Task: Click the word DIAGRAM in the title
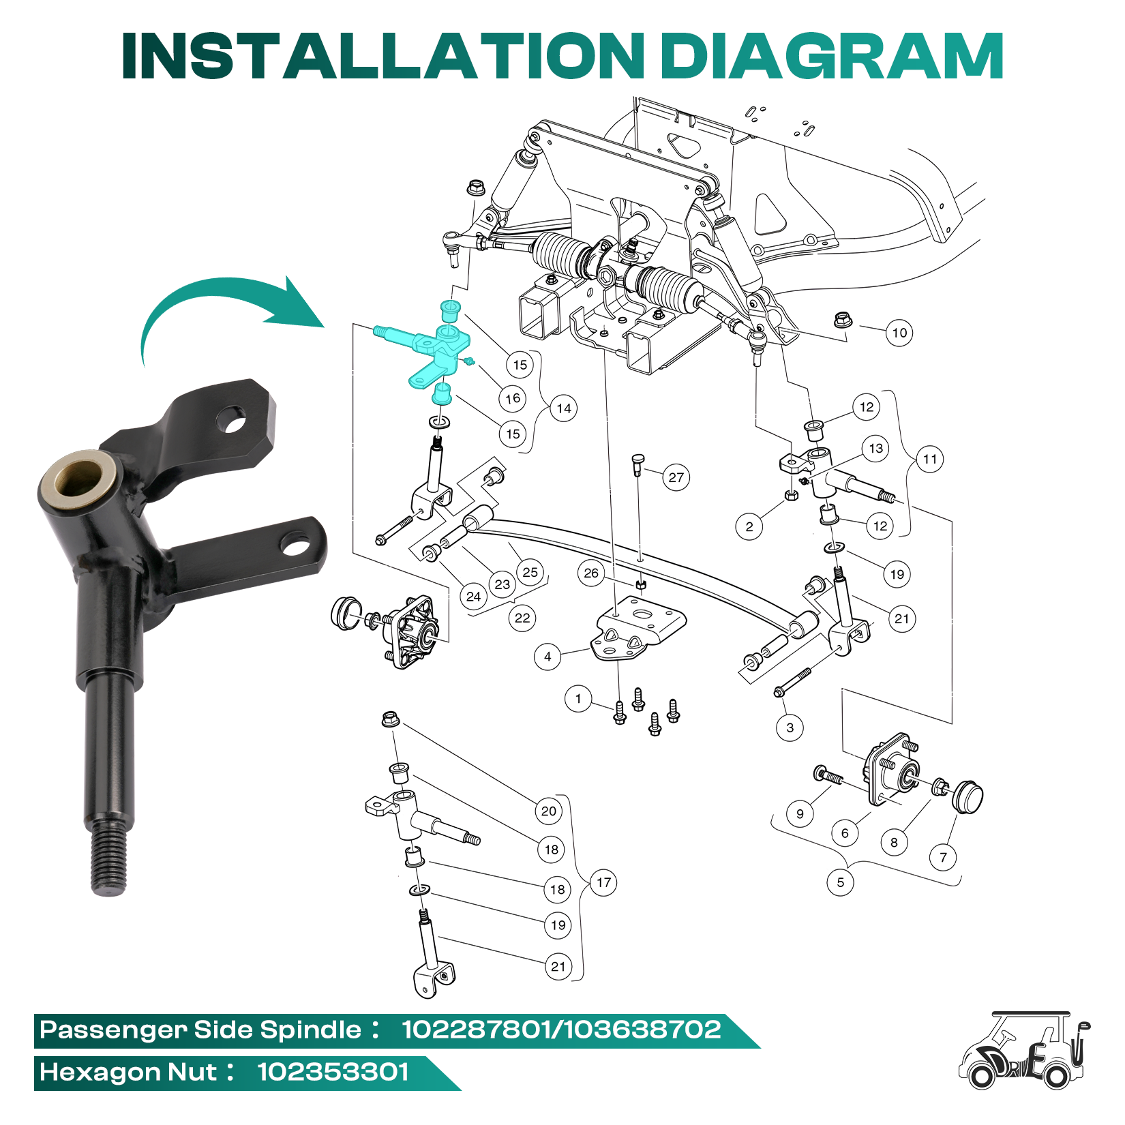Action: click(x=832, y=56)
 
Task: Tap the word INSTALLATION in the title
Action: click(x=383, y=56)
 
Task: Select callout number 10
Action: click(x=900, y=333)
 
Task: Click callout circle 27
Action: click(x=676, y=477)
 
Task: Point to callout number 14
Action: click(x=564, y=408)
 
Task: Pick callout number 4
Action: click(x=547, y=657)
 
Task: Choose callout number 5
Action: click(x=840, y=882)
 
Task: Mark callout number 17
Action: click(x=603, y=882)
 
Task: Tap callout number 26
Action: click(x=591, y=573)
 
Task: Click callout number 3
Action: click(x=790, y=727)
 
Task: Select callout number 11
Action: click(x=930, y=459)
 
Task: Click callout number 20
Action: click(x=549, y=811)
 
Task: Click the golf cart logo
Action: click(x=1025, y=1050)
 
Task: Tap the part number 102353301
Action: click(x=333, y=1072)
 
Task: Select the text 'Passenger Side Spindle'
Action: click(x=200, y=1030)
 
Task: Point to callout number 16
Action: click(x=513, y=398)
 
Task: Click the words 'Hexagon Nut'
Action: click(x=128, y=1072)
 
